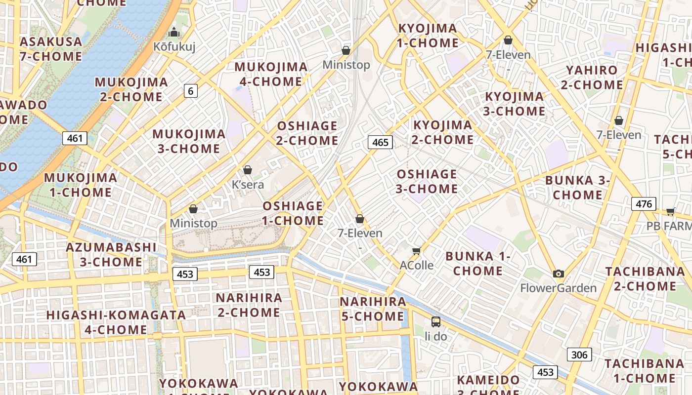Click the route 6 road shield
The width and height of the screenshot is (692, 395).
coord(191,90)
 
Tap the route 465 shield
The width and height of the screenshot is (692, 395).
coord(380,143)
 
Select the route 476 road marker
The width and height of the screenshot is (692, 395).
coord(644,203)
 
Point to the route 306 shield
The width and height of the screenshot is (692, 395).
coord(579,354)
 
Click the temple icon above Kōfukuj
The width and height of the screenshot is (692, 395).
coord(173,33)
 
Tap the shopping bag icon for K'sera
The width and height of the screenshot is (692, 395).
coord(248,170)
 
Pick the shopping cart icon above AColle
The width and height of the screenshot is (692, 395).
coord(417,251)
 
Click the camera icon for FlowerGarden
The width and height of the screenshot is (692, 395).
coord(559,274)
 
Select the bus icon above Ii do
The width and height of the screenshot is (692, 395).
coord(435,322)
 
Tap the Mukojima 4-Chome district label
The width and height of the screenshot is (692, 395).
coord(271,74)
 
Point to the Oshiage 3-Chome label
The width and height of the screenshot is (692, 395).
coord(427,181)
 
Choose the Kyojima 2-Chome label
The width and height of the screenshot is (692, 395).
coord(443,132)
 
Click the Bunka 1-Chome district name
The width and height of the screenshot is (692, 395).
coord(477,263)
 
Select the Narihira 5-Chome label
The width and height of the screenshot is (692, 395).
coord(373,309)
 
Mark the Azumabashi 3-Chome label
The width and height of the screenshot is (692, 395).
coord(111,254)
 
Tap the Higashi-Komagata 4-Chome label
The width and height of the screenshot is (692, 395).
coord(116,322)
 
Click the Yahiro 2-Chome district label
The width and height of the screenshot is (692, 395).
coord(592,78)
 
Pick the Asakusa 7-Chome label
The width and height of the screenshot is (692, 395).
coord(51,49)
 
